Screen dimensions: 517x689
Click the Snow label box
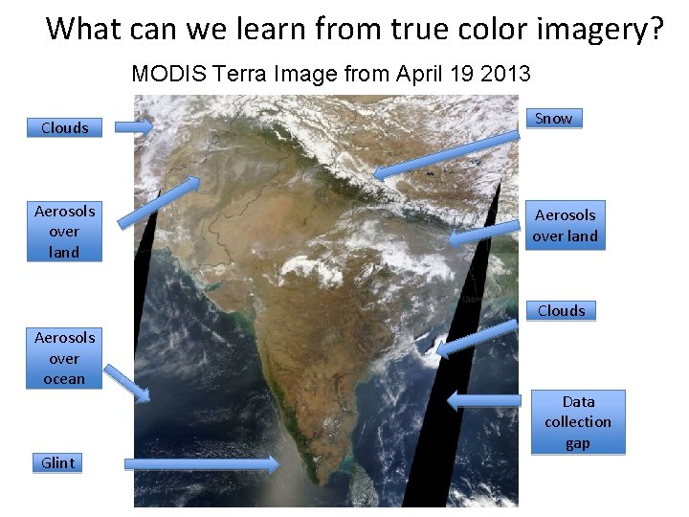pos(554,119)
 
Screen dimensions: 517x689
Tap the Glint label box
pos(57,463)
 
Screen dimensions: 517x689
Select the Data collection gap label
pos(577,422)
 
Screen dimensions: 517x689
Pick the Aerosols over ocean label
pos(63,358)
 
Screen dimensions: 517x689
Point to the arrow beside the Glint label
pos(202,464)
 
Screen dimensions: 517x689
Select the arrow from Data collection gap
pos(483,400)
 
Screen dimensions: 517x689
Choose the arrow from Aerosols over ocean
pos(126,382)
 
